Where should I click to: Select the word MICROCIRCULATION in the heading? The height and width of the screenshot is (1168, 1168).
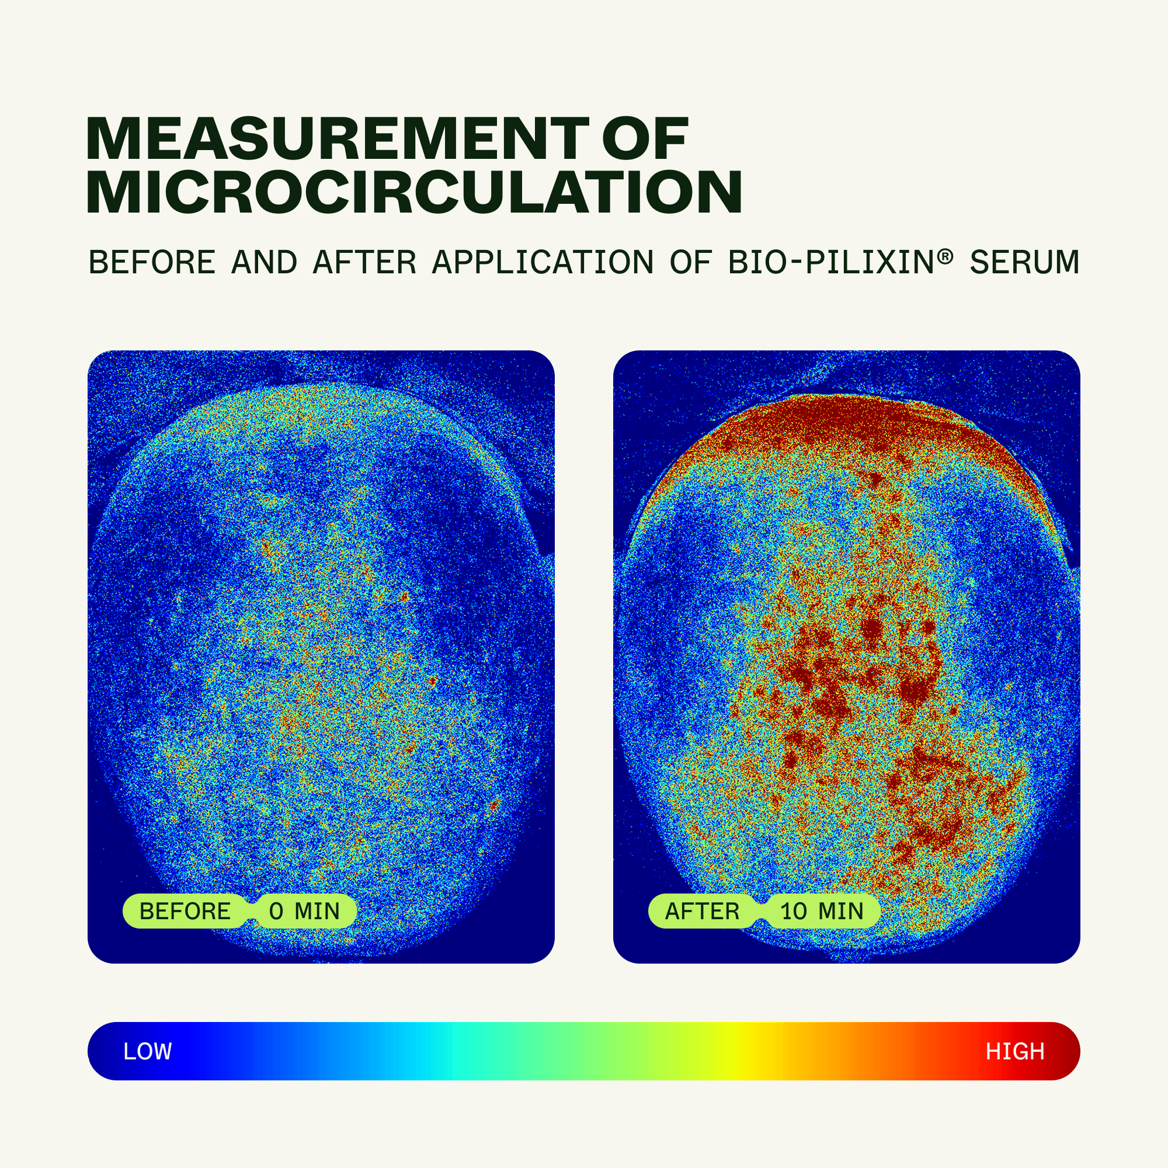(414, 192)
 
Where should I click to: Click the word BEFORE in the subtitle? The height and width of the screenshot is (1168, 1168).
(152, 262)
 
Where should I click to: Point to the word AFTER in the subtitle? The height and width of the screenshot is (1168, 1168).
(364, 262)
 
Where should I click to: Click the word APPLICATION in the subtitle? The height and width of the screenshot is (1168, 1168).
(543, 262)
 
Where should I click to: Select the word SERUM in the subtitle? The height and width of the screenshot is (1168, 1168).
(1025, 262)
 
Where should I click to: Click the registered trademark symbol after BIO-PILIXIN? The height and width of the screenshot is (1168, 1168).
(945, 257)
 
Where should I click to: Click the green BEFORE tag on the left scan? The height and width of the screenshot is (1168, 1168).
(185, 911)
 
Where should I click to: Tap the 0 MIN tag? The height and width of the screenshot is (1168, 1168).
(305, 911)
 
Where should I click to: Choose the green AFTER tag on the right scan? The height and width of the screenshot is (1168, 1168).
(703, 911)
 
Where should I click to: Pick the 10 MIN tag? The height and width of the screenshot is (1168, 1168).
(822, 911)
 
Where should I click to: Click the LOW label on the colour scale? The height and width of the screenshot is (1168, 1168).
(148, 1051)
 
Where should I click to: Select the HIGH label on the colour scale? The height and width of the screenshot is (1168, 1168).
(1015, 1051)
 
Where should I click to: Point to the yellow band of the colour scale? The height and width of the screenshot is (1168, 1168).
(735, 1051)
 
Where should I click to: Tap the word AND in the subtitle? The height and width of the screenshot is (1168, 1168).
(264, 262)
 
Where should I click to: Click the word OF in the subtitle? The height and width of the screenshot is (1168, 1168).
(691, 262)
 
